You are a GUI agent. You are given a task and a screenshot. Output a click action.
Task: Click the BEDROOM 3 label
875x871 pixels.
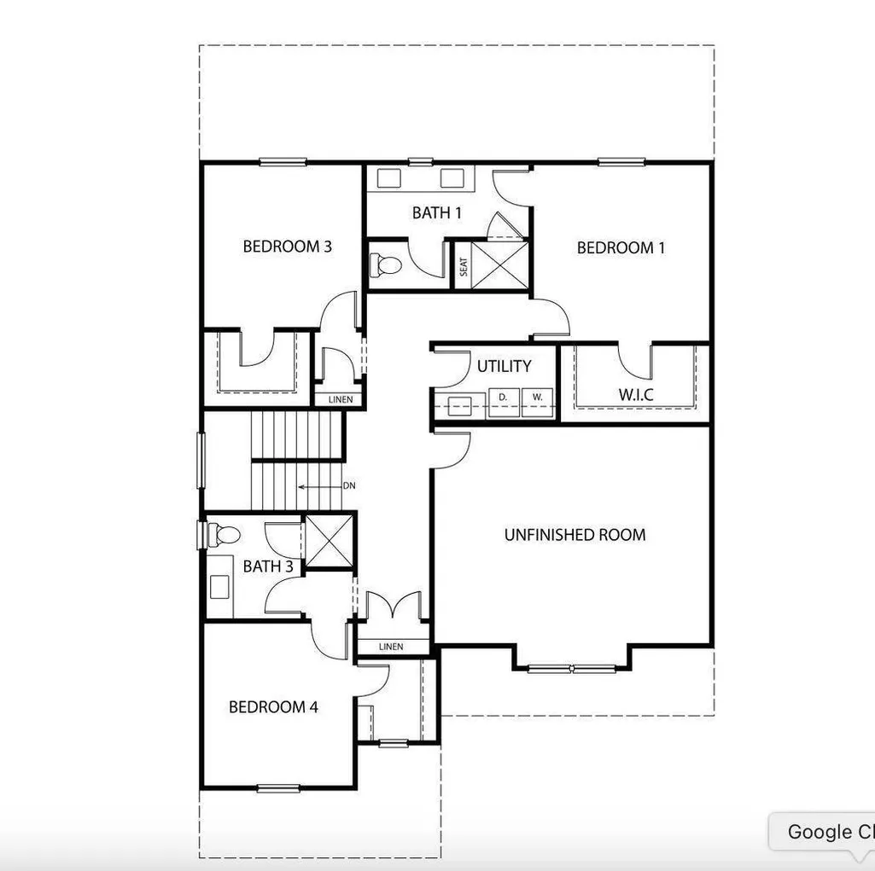tap(288, 246)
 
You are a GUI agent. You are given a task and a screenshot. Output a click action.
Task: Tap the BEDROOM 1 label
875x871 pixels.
tap(621, 247)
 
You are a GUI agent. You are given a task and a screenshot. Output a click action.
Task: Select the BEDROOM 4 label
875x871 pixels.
tap(273, 707)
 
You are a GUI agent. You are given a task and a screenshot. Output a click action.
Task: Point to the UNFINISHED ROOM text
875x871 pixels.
tap(575, 535)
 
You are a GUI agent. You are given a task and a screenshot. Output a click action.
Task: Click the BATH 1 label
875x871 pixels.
tap(437, 212)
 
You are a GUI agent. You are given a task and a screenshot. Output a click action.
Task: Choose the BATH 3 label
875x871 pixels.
tap(268, 566)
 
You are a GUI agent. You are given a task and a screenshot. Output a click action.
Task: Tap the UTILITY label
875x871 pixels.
tap(504, 366)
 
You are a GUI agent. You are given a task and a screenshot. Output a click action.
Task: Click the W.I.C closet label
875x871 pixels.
tap(636, 395)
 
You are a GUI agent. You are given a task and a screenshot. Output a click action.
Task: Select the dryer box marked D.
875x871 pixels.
tap(505, 403)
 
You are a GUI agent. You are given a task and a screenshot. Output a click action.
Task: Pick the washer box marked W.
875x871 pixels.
tap(537, 403)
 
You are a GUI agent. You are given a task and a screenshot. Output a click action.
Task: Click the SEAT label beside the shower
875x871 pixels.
tap(464, 266)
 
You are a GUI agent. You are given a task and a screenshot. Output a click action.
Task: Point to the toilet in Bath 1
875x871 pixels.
tap(386, 264)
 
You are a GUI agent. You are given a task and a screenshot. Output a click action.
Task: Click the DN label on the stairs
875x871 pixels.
tap(349, 485)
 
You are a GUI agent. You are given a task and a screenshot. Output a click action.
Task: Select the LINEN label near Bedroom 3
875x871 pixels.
tap(341, 399)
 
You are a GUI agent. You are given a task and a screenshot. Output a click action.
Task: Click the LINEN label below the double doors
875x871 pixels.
tap(391, 647)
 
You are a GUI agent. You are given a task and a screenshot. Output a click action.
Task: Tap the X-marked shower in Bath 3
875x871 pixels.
tap(330, 541)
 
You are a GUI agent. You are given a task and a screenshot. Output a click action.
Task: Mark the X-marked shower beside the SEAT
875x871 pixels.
tap(499, 264)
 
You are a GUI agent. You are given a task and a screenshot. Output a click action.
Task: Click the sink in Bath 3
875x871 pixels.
tap(219, 587)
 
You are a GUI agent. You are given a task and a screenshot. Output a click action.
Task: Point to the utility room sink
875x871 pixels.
tap(459, 404)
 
